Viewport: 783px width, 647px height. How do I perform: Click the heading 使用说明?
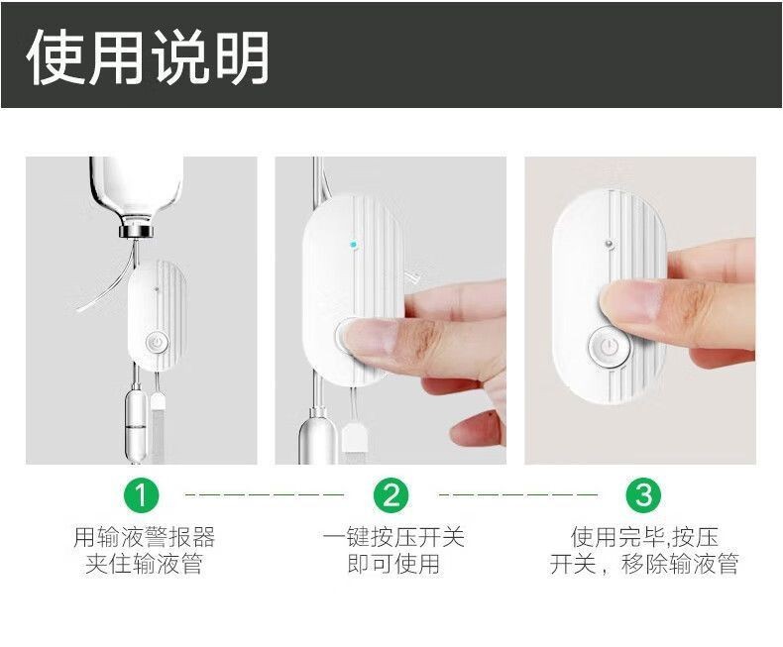148,56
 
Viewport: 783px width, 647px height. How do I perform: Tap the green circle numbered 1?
141,495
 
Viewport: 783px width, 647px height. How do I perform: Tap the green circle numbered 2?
391,495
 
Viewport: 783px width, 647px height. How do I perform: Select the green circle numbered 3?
643,495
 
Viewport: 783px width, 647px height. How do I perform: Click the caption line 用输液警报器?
145,537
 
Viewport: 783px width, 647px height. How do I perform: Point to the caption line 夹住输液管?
144,564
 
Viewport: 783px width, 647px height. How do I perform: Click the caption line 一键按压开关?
393,537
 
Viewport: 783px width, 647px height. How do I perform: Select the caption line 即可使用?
393,564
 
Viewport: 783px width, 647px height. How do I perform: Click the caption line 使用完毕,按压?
644,537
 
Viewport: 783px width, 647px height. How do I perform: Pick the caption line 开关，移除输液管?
644,564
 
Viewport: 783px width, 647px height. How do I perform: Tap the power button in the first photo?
157,344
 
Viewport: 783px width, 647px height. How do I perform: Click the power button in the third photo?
609,348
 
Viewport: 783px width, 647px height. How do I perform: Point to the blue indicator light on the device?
354,245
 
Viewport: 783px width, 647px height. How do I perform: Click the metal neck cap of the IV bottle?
135,232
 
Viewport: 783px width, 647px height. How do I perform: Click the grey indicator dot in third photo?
609,244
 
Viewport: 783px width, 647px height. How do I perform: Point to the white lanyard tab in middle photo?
355,435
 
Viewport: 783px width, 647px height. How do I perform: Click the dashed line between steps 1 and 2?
265,494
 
